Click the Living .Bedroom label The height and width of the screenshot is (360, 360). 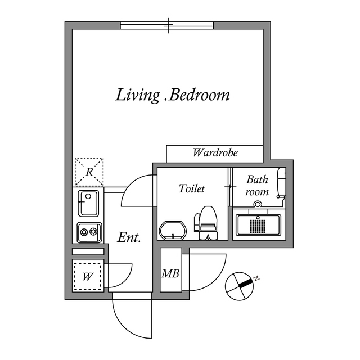[x=173, y=94]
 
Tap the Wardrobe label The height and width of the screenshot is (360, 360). [x=215, y=152]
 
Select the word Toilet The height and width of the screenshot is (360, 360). [x=192, y=188]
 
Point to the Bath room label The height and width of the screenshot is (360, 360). [x=257, y=186]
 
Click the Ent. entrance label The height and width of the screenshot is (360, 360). [x=129, y=238]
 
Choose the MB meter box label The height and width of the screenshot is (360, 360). [x=170, y=274]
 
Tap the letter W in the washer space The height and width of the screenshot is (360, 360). [x=88, y=276]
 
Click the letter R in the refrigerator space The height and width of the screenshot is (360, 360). [x=89, y=172]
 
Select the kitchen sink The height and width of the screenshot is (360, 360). [x=88, y=203]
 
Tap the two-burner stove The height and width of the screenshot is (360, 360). [x=89, y=231]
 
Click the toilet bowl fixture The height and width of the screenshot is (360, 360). [x=206, y=223]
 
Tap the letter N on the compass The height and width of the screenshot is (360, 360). [x=256, y=278]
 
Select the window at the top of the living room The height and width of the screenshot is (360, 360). [x=167, y=25]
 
